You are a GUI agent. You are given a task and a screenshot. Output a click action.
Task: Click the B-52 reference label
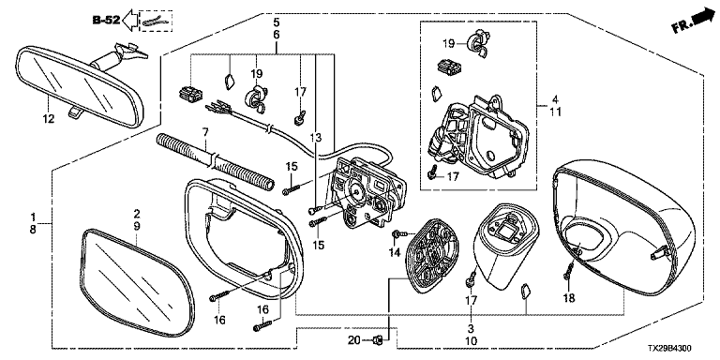coord(106,21)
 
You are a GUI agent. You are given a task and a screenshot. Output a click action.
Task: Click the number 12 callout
coord(48,119)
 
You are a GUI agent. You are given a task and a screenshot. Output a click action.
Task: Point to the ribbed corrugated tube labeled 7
coord(216,160)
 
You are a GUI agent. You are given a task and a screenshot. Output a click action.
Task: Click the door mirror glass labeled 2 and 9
coord(137,282)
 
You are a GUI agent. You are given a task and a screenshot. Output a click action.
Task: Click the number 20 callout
coord(354,340)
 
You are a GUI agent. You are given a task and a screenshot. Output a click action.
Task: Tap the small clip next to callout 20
coord(378,340)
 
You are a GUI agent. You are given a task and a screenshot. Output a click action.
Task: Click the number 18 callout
coord(569,298)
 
